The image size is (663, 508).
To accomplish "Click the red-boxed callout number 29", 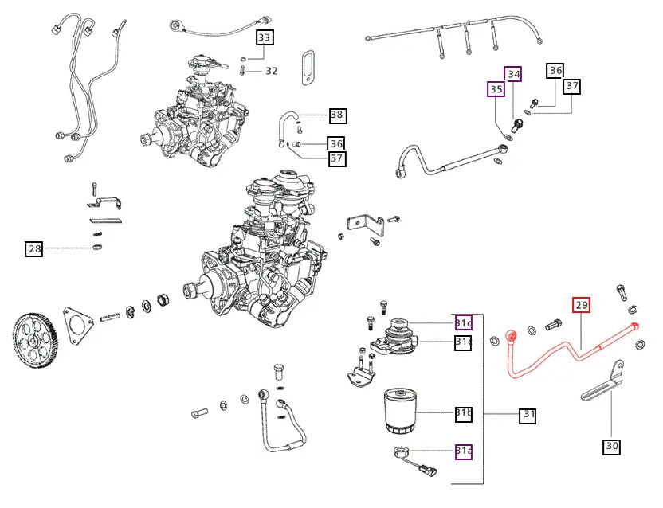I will coord(581,305).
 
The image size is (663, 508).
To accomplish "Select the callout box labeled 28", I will coord(33,249).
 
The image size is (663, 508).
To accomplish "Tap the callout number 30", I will coord(611,447).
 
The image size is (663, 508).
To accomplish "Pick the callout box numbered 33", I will coord(264,37).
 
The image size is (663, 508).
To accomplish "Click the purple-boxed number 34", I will coord(514,74).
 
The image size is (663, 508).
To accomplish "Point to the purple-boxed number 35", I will coord(496,89).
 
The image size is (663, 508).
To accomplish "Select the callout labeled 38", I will coord(337,115).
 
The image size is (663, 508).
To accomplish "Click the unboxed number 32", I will coord(272,71).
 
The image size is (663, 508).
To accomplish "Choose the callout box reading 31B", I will coord(464,413).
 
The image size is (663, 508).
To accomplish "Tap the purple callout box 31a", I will coord(464,451).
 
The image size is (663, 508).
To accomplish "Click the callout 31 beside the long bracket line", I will coord(528,415).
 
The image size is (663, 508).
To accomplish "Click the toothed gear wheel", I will coord(37,339).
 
